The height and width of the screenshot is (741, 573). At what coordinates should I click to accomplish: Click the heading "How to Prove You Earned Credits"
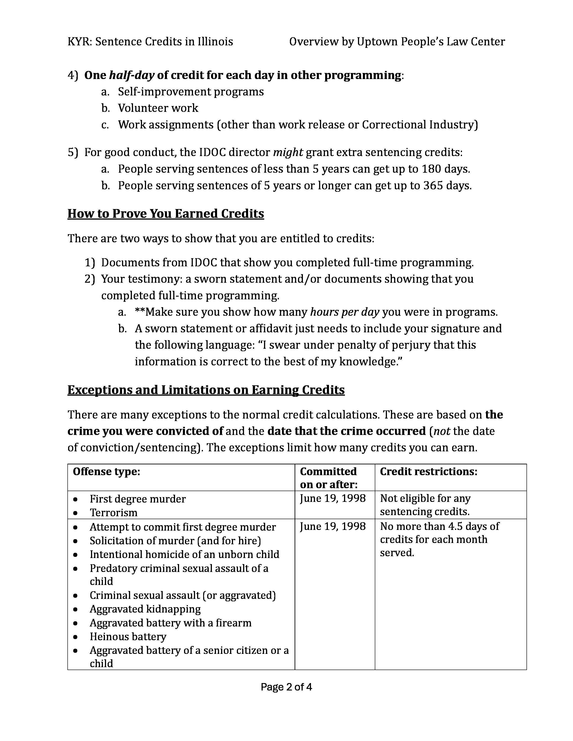click(x=166, y=213)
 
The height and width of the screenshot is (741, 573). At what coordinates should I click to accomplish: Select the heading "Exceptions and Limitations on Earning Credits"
click(x=206, y=390)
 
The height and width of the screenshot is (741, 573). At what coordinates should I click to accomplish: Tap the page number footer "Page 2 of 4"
click(x=286, y=687)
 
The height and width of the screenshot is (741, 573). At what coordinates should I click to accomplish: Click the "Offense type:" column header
click(x=107, y=472)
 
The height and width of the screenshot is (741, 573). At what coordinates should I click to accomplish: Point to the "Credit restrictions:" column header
click(x=428, y=472)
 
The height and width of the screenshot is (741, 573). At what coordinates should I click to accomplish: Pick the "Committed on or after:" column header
click(x=329, y=478)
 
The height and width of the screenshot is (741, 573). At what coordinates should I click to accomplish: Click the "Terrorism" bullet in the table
click(x=113, y=512)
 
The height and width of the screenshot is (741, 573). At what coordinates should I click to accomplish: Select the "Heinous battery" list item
click(x=128, y=637)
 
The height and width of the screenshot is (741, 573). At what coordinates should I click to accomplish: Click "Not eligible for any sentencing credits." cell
click(x=425, y=505)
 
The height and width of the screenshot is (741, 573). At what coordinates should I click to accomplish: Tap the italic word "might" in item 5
click(x=288, y=152)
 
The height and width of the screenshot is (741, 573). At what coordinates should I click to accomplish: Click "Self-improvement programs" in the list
click(x=191, y=92)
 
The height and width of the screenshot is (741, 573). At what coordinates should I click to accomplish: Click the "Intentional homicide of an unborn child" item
click(x=184, y=554)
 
